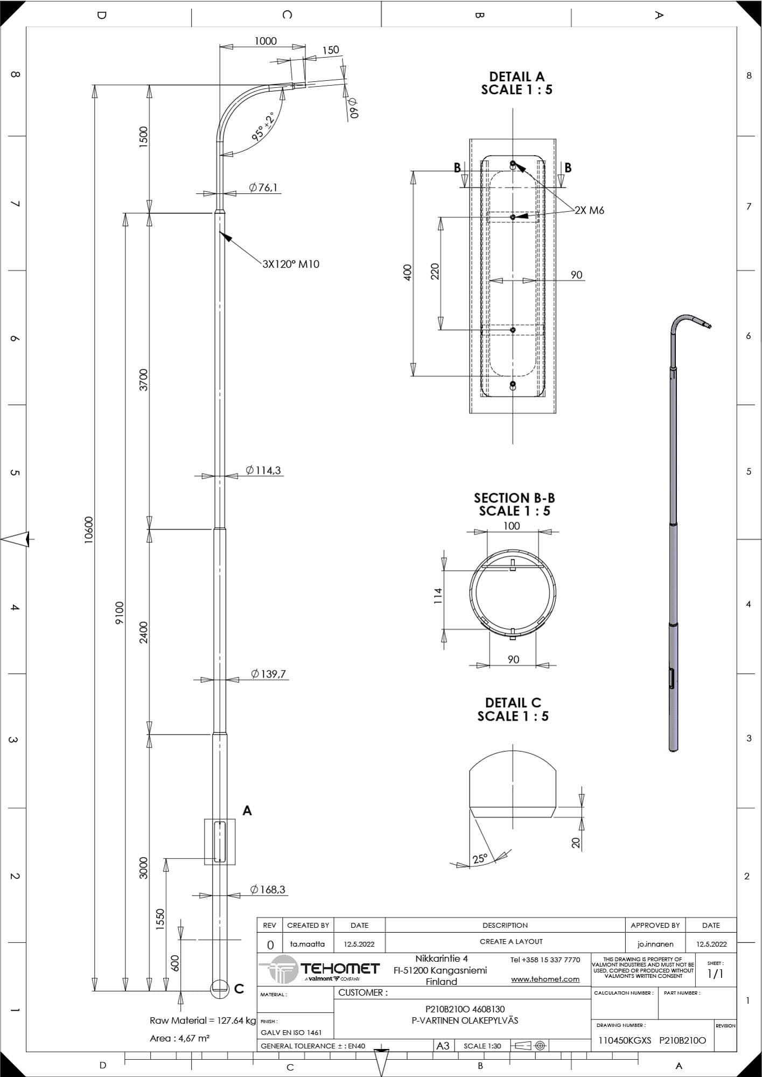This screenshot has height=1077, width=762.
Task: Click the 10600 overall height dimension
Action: pyautogui.click(x=89, y=530)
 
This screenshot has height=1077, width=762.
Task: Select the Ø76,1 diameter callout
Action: pyautogui.click(x=263, y=187)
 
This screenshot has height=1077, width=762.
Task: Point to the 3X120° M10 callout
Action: pyautogui.click(x=291, y=264)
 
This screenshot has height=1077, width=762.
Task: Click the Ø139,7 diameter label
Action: pyautogui.click(x=268, y=674)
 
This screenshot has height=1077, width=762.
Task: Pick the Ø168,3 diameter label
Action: pyautogui.click(x=268, y=890)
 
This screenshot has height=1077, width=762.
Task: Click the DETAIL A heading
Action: pyautogui.click(x=516, y=76)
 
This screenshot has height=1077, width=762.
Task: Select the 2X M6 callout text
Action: pyautogui.click(x=589, y=211)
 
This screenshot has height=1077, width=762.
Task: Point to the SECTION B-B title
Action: pyautogui.click(x=514, y=498)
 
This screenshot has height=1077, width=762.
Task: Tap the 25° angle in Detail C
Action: pyautogui.click(x=480, y=858)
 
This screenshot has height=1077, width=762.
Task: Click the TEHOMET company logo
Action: pyautogui.click(x=321, y=970)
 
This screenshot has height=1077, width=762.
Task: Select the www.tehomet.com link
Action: pyautogui.click(x=545, y=979)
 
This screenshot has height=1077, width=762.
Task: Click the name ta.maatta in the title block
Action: pyautogui.click(x=307, y=944)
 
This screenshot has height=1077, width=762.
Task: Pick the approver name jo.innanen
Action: pyautogui.click(x=655, y=944)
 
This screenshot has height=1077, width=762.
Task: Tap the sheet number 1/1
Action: pyautogui.click(x=715, y=974)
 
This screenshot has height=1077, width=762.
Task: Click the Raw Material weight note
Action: pyautogui.click(x=203, y=1020)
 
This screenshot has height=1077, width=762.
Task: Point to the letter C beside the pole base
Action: pyautogui.click(x=239, y=989)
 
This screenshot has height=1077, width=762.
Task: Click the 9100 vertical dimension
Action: pyautogui.click(x=120, y=613)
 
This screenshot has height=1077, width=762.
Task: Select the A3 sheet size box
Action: pyautogui.click(x=443, y=1046)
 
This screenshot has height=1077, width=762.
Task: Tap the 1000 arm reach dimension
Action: pyautogui.click(x=265, y=41)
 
